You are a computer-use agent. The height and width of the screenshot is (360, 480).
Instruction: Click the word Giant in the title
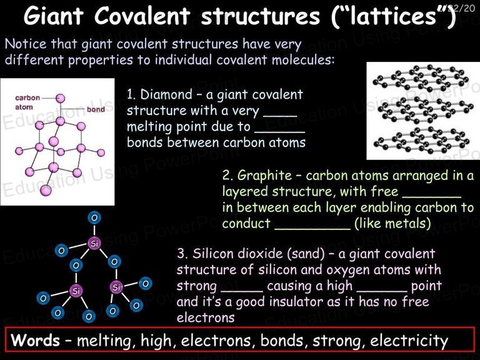[x=54, y=15]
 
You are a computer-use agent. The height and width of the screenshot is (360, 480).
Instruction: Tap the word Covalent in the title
[x=142, y=15]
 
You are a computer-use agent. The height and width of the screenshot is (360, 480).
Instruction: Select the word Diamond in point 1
[x=166, y=94]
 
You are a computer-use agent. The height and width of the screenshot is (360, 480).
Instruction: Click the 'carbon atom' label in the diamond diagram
[x=27, y=102]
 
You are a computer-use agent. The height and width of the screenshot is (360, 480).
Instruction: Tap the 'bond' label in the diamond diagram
[x=96, y=109]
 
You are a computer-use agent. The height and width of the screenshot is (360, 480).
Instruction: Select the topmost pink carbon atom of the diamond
[x=60, y=98]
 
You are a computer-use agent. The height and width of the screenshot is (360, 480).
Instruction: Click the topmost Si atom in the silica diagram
[x=94, y=243]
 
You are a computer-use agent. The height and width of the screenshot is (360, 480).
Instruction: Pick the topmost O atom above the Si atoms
[x=94, y=217]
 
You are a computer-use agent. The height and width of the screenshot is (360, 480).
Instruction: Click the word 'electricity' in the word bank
[x=409, y=341]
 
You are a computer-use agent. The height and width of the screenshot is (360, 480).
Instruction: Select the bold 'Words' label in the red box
[x=35, y=340]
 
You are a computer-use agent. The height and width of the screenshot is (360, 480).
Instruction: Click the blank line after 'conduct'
[x=312, y=229]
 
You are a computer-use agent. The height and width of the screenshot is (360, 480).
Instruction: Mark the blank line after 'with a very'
[x=280, y=116]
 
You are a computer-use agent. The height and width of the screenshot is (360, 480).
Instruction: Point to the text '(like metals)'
[x=392, y=223]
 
